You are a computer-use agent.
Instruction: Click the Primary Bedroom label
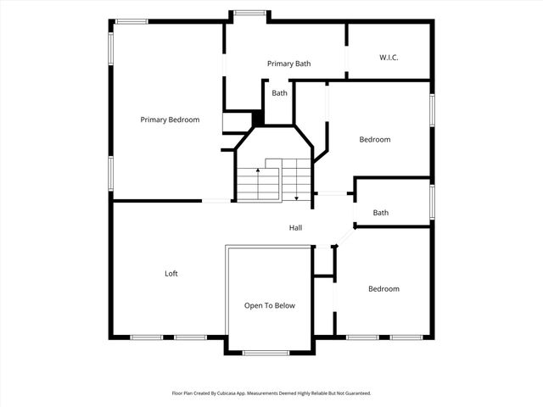[x=170, y=120]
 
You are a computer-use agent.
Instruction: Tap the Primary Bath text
[x=289, y=64]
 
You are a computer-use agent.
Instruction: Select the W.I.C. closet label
[x=389, y=58]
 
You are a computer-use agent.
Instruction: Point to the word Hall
[x=295, y=227]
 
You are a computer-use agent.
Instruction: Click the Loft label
[x=171, y=273]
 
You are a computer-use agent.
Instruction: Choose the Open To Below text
[x=270, y=305]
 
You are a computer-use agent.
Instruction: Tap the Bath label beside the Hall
[x=381, y=213]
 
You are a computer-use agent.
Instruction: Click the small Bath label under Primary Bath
[x=279, y=93]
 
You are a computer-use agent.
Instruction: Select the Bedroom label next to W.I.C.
[x=374, y=139]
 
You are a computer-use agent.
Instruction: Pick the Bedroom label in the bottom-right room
[x=383, y=289]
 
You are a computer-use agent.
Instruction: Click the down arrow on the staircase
[x=296, y=197]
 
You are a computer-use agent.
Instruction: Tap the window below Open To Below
[x=266, y=352]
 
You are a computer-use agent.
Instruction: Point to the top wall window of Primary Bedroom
[x=132, y=21]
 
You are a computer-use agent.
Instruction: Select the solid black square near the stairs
[x=258, y=120]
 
